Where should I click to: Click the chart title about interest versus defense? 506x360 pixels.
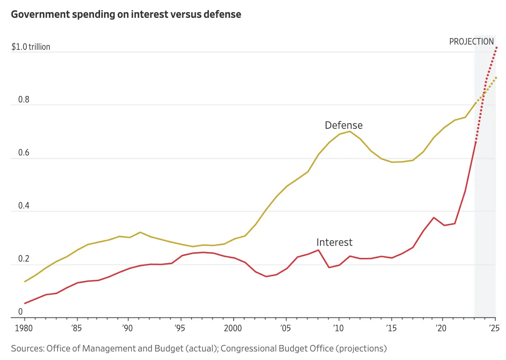click(x=126, y=15)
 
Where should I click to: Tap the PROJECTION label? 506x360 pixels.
click(x=472, y=42)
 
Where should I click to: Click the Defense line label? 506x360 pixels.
click(x=344, y=125)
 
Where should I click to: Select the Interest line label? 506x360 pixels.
click(x=334, y=242)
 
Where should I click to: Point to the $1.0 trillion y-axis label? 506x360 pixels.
click(x=31, y=47)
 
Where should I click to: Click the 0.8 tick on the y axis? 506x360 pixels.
click(x=24, y=99)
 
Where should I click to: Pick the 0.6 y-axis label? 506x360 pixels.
click(x=24, y=152)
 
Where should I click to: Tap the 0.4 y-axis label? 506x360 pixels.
click(x=24, y=206)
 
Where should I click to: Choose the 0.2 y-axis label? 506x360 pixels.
click(x=24, y=259)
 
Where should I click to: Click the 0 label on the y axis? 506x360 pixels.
click(x=20, y=312)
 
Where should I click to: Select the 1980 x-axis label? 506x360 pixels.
click(x=24, y=328)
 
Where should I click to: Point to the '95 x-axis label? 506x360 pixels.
click(x=180, y=328)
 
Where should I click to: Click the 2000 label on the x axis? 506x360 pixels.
click(x=233, y=328)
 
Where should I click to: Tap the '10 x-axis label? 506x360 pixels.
click(x=338, y=328)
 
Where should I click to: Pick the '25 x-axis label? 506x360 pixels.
click(x=494, y=328)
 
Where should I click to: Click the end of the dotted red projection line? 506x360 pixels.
click(x=496, y=48)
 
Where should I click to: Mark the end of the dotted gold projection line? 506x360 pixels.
click(x=496, y=78)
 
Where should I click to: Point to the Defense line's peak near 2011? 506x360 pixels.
click(x=350, y=132)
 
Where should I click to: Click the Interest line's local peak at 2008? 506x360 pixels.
click(x=318, y=250)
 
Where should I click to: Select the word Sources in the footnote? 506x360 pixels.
click(x=28, y=349)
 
